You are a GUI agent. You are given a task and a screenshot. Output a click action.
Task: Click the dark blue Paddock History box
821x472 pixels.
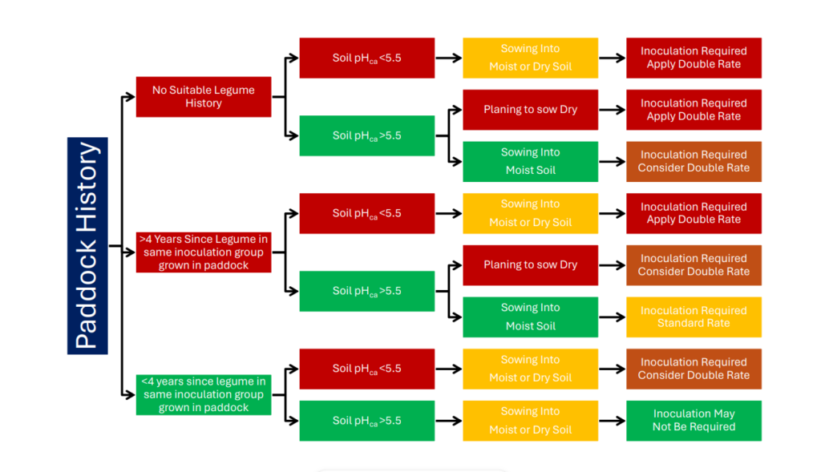[x=87, y=245]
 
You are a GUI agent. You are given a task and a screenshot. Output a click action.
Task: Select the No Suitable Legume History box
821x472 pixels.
[x=203, y=97]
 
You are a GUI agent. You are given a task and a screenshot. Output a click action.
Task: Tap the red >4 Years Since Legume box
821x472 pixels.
[x=203, y=252]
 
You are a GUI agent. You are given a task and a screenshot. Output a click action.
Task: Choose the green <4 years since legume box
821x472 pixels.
[x=203, y=394]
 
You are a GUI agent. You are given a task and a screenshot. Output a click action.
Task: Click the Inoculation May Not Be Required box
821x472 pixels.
[x=694, y=421]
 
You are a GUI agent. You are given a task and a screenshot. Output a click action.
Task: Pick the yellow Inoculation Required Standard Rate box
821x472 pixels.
[x=694, y=317]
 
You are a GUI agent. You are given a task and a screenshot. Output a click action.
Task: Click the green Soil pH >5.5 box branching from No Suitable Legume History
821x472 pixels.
[x=366, y=135]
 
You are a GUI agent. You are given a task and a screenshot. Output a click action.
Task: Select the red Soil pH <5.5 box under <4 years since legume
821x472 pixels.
[x=366, y=369]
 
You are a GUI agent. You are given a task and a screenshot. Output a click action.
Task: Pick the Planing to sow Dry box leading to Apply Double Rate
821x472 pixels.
[x=530, y=110]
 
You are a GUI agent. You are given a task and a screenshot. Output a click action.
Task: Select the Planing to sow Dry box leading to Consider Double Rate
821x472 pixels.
[x=530, y=265]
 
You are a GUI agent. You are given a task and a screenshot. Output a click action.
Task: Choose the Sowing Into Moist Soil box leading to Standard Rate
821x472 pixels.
[x=530, y=317]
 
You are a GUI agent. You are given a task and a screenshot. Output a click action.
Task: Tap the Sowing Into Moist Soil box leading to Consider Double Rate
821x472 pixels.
[x=530, y=162]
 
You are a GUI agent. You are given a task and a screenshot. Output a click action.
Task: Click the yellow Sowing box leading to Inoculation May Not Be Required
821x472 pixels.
[x=530, y=421]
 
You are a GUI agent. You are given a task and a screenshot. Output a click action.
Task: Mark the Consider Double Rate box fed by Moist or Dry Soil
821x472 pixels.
[x=694, y=369]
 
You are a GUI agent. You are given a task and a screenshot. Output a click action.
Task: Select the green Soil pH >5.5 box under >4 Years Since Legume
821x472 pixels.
[x=366, y=291]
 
